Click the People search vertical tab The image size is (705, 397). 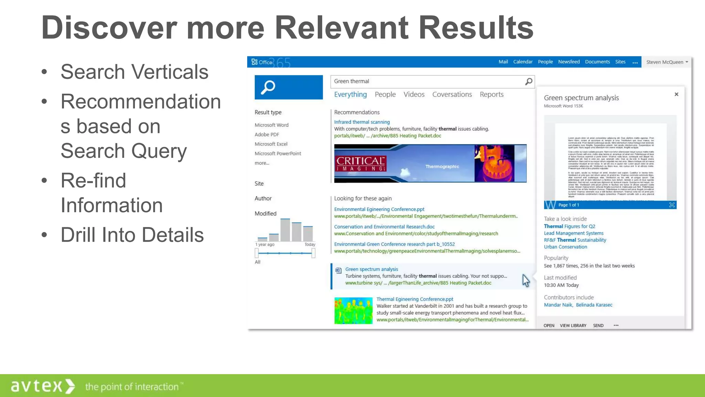385,94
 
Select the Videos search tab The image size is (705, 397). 414,94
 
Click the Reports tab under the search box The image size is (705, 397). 491,94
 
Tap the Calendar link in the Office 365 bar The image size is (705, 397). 523,62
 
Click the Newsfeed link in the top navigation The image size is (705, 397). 569,62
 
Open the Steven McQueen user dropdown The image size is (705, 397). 667,62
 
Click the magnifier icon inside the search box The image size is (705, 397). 529,81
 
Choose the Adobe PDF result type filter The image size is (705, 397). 267,134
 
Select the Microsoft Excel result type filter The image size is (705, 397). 271,144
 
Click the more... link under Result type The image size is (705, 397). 262,163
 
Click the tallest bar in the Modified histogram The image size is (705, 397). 285,230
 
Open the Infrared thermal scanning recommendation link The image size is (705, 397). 362,122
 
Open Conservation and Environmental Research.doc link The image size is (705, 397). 384,227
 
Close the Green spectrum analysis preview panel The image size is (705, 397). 676,94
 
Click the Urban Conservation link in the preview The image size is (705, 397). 565,247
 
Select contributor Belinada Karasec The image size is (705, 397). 594,305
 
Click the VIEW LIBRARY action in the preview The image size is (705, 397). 573,325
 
